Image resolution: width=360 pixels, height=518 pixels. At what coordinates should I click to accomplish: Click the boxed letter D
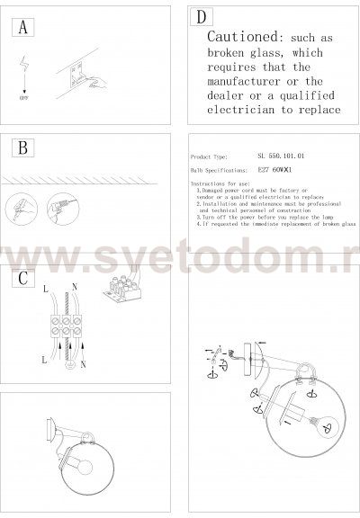[x=202, y=17]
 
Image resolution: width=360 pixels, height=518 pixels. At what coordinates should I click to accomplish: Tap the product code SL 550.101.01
[x=281, y=155]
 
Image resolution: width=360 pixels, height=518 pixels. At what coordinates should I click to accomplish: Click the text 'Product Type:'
[x=213, y=155]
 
